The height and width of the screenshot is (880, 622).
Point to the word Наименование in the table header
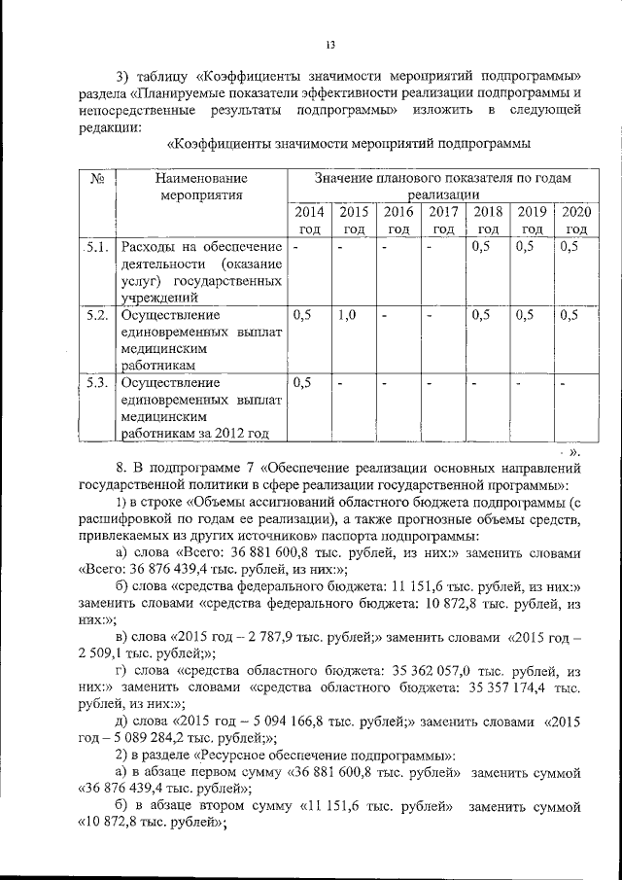click(199, 179)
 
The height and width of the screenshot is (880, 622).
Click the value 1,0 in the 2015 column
click(348, 315)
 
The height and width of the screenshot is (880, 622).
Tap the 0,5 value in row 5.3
click(302, 382)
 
